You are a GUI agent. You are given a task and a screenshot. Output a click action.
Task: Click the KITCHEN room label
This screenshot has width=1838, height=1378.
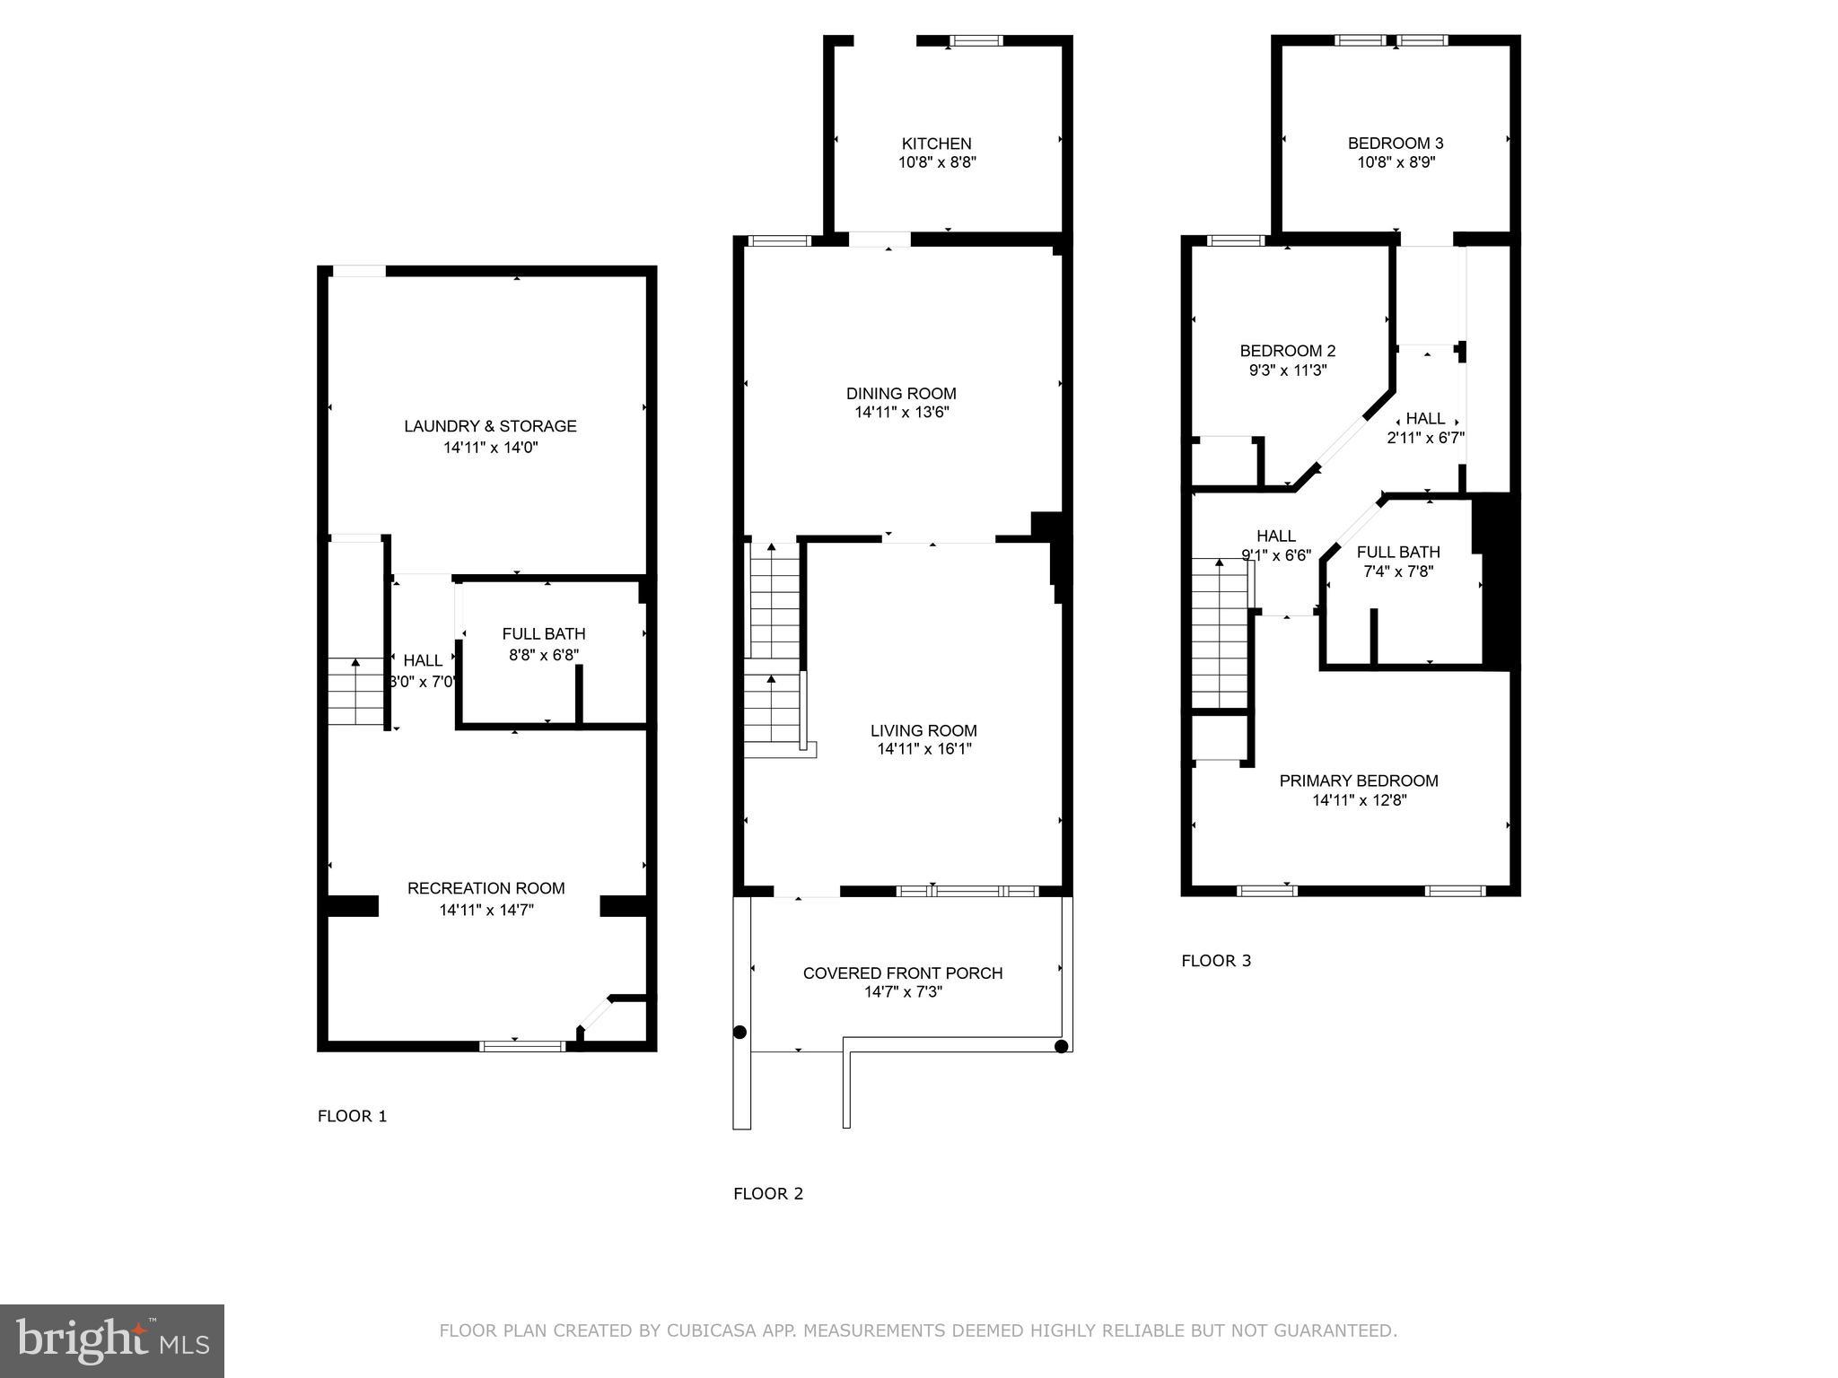click(x=936, y=144)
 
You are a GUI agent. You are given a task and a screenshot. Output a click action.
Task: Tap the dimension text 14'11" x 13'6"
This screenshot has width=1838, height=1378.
click(x=901, y=413)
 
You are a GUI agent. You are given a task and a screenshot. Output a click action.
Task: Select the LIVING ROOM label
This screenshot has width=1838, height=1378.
click(x=923, y=730)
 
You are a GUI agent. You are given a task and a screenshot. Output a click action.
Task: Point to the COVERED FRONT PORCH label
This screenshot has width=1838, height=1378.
click(x=902, y=972)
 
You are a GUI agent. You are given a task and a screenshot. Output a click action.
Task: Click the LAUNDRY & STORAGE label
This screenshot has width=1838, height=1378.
click(x=490, y=426)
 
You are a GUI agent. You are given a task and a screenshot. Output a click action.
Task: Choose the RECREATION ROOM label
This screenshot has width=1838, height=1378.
click(x=486, y=888)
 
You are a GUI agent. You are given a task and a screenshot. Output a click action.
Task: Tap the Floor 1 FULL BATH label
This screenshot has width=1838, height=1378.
click(x=543, y=634)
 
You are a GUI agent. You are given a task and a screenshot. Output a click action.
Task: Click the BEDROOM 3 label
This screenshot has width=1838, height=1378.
click(x=1395, y=144)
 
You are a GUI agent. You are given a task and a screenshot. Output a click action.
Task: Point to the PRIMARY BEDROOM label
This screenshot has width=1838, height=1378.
click(x=1358, y=781)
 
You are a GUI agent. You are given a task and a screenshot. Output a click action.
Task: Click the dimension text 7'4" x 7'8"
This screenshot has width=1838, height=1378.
click(x=1398, y=571)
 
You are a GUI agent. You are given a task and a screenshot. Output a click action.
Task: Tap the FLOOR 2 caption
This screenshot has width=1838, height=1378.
click(x=768, y=1193)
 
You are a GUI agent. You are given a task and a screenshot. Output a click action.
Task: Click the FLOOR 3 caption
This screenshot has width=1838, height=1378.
click(x=1215, y=961)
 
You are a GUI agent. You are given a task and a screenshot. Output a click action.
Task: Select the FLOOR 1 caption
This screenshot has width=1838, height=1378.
click(x=352, y=1116)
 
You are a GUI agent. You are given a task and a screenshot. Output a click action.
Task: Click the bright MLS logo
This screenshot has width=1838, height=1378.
click(x=112, y=1341)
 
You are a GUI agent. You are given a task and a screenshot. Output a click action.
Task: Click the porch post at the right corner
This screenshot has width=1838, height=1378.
click(x=1061, y=1046)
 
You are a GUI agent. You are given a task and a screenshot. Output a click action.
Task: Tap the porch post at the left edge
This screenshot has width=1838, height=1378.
click(x=740, y=1033)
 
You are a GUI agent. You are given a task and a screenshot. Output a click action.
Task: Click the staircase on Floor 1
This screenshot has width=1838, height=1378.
click(x=356, y=692)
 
